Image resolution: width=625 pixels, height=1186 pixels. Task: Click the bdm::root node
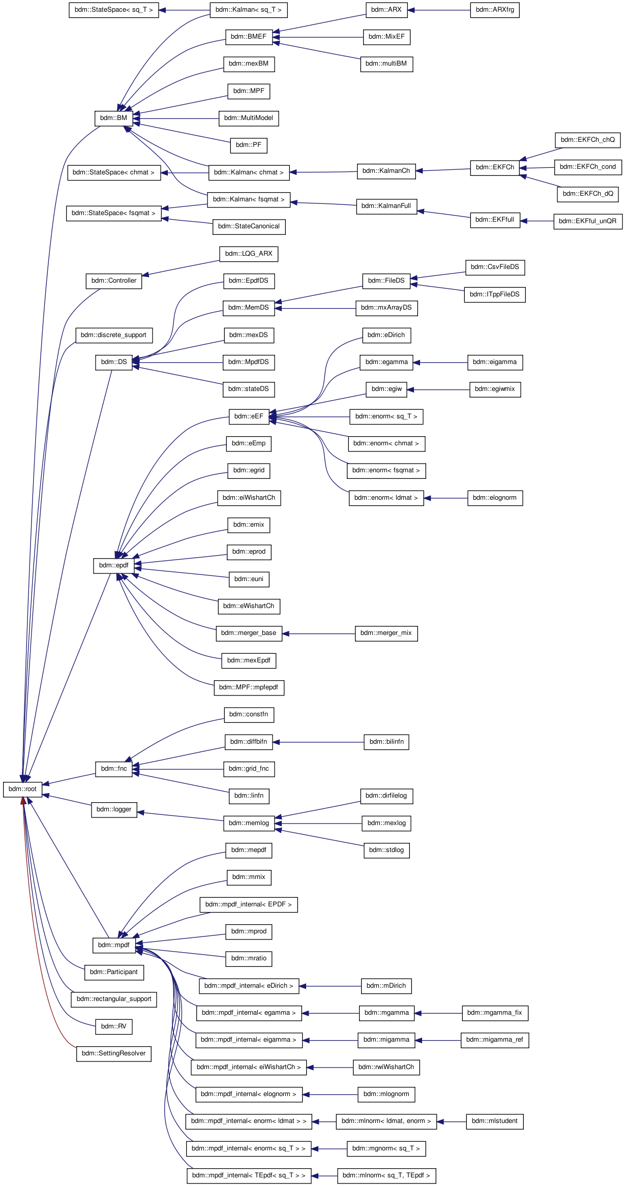click(x=22, y=789)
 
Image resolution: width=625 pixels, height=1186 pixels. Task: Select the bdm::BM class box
click(x=114, y=118)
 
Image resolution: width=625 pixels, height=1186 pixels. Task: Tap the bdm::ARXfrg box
click(x=495, y=10)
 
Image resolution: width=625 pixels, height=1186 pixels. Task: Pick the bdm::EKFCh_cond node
click(x=587, y=167)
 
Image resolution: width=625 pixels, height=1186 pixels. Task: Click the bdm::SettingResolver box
click(x=113, y=1053)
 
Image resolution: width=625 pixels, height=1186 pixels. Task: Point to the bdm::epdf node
click(x=114, y=565)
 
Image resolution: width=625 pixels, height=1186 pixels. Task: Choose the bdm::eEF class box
click(x=249, y=416)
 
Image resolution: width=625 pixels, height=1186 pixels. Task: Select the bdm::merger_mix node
click(x=386, y=633)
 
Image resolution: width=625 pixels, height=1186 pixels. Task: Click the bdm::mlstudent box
click(x=495, y=1121)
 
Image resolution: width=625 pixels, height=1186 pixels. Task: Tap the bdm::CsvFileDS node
click(x=495, y=267)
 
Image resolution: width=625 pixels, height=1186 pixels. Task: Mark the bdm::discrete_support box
click(x=114, y=335)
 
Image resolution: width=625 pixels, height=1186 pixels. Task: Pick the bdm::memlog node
click(x=249, y=823)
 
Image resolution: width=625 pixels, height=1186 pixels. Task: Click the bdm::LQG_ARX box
click(x=249, y=254)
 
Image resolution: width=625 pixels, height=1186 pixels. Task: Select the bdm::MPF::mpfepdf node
click(x=249, y=687)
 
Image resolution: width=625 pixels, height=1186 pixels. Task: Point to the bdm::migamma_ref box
click(x=495, y=1040)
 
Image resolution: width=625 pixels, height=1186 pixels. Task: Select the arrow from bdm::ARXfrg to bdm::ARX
click(x=439, y=10)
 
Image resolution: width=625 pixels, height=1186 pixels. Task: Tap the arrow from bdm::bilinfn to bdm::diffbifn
click(x=318, y=742)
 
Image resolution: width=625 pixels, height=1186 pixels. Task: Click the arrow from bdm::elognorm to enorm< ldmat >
click(x=445, y=498)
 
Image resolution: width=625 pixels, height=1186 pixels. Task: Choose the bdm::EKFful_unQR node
click(x=588, y=221)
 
